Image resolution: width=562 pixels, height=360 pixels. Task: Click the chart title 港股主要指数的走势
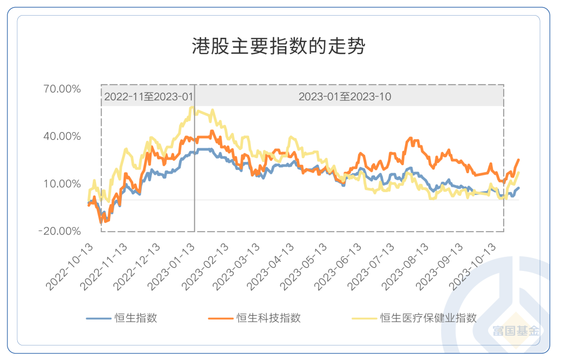coord(278,46)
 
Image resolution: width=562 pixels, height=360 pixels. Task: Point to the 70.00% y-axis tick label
coord(61,89)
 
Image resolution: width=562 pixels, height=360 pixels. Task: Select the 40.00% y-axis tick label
coord(61,136)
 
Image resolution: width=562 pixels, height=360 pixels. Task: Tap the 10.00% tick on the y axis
coord(61,184)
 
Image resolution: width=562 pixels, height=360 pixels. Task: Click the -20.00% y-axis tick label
coord(60,231)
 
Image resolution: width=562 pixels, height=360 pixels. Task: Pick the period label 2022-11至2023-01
coord(148,97)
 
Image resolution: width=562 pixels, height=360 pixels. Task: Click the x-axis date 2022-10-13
coord(70,267)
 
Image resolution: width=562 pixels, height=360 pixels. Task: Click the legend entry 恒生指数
coord(135,318)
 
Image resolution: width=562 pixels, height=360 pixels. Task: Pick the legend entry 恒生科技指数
coord(268,318)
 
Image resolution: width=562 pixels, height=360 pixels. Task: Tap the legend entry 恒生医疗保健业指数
coord(428,318)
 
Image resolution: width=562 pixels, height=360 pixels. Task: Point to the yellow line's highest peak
coord(190,107)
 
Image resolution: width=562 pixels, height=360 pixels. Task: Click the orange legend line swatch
coord(220,318)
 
